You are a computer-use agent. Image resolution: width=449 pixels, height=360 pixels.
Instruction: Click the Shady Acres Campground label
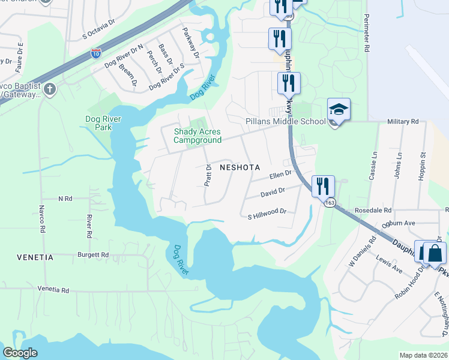(x=197, y=136)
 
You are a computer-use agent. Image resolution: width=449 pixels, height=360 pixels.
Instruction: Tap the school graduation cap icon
(x=339, y=110)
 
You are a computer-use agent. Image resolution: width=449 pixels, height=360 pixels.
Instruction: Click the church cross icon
(x=50, y=90)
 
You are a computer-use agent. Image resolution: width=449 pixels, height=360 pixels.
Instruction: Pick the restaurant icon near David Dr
(x=323, y=186)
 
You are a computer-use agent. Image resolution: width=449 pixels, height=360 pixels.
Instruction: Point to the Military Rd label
(x=403, y=121)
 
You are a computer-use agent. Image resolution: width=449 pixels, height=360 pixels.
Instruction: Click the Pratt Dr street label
(x=207, y=175)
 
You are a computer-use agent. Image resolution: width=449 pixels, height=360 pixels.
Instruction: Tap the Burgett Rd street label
(x=93, y=255)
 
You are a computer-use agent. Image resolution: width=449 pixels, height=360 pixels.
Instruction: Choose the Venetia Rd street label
(x=53, y=290)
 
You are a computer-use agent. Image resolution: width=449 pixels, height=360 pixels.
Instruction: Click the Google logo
(x=20, y=352)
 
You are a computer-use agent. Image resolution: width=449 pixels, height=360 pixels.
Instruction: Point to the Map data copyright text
(x=423, y=355)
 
